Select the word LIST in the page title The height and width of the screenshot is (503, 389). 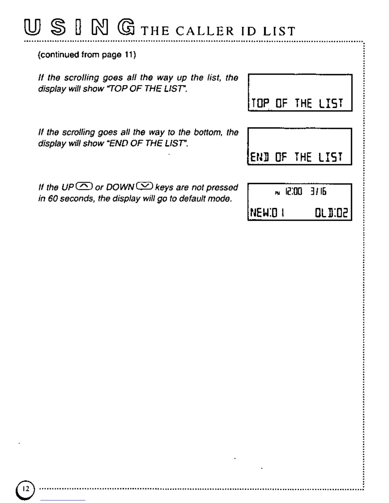pyautogui.click(x=279, y=31)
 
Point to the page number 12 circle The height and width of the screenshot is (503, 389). pyautogui.click(x=25, y=489)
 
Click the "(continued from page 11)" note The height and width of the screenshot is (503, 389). pyautogui.click(x=87, y=55)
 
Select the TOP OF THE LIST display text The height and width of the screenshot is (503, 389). pyautogui.click(x=297, y=103)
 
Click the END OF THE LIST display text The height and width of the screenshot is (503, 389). pyautogui.click(x=296, y=157)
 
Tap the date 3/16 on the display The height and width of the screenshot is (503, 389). pyautogui.click(x=318, y=191)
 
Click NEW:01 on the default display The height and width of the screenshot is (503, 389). pyautogui.click(x=267, y=212)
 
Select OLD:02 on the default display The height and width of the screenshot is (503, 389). pyautogui.click(x=331, y=212)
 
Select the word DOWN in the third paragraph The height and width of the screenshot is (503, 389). pyautogui.click(x=120, y=187)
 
